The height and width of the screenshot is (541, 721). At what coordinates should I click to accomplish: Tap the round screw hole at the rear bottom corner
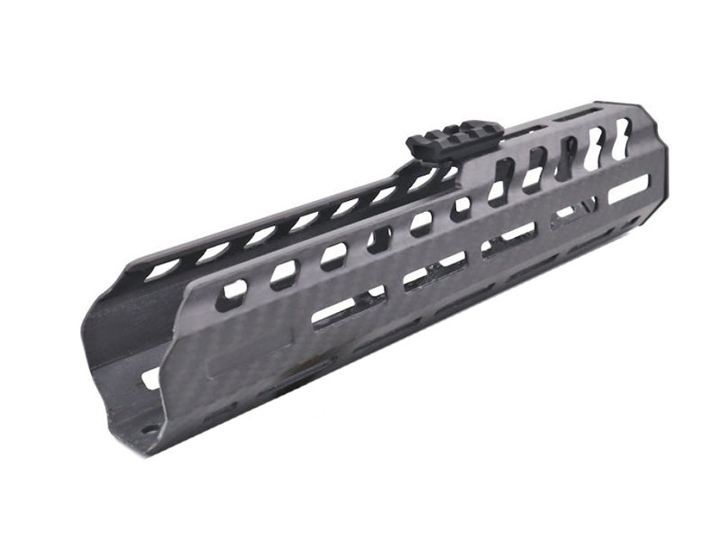[x=148, y=430]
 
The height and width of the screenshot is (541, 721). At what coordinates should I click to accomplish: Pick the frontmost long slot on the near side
[x=628, y=189]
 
